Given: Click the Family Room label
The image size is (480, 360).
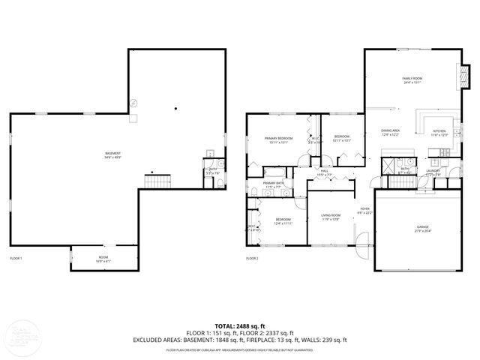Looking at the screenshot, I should coord(412,79).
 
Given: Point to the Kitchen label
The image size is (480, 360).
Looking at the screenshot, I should coord(439,133).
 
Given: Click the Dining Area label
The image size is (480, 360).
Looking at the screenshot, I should coord(390,132).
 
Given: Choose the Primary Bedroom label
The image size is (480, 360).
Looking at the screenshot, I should coord(277,139).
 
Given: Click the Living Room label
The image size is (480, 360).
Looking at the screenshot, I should coord(331,217).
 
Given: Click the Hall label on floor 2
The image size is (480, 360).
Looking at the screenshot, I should coord(325,172).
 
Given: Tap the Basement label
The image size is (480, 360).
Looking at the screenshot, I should coord(112,155).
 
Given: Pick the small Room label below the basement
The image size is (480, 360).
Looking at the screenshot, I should coord(103,259).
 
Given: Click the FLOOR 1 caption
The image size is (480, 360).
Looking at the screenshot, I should coord(16,258).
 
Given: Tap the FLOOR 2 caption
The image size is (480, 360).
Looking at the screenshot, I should coord(252,258).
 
